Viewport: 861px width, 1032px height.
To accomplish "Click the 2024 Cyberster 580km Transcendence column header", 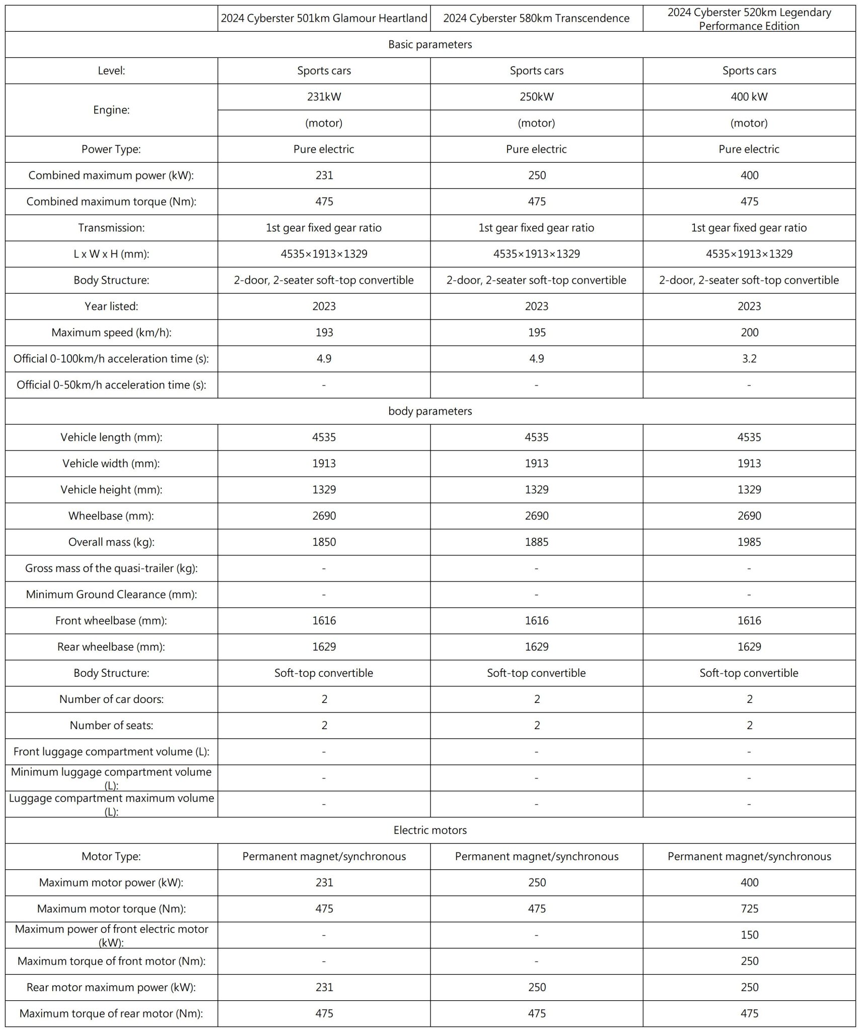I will (536, 19).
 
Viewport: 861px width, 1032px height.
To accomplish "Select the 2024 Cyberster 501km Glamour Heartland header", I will (324, 19).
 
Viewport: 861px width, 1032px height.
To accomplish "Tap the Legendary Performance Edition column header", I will (749, 19).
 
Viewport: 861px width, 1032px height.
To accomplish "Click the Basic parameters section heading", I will (430, 44).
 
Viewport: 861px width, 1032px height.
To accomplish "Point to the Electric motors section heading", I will (430, 830).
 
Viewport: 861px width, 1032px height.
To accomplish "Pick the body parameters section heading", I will (430, 411).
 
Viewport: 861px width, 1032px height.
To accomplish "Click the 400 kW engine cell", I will (749, 97).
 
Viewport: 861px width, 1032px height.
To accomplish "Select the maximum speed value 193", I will (324, 333).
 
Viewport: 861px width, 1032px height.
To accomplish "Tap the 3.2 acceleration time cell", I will (749, 359).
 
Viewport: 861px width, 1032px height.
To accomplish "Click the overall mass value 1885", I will (536, 542).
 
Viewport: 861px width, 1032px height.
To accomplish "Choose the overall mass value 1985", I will (749, 542).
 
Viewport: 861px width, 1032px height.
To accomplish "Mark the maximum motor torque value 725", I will (749, 909).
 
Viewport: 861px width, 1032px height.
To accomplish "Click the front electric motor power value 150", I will (749, 935).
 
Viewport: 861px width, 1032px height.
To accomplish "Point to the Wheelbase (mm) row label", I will (111, 516).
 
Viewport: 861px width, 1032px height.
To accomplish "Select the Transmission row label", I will (111, 228).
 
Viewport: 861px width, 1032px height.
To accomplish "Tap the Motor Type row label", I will (111, 856).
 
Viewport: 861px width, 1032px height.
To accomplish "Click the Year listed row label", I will (111, 306).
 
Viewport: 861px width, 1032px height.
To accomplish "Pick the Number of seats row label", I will (111, 726).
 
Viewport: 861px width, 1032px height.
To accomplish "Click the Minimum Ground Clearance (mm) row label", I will (111, 595).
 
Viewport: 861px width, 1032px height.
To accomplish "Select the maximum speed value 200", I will (749, 333).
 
